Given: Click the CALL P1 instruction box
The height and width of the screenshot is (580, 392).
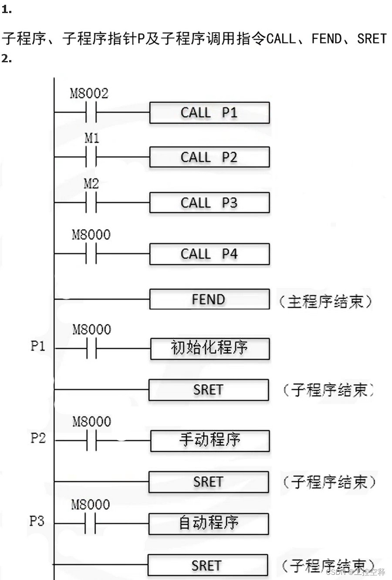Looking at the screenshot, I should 209,113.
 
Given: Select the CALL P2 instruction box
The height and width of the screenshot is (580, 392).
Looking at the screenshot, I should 209,157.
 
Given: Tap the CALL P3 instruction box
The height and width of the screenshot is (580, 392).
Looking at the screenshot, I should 209,203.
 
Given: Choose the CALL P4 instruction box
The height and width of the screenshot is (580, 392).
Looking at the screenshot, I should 209,254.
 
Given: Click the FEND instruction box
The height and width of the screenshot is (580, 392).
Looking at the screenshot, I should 209,299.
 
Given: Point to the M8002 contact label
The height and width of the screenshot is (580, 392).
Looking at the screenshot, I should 89,93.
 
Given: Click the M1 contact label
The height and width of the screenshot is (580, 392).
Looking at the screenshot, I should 91,138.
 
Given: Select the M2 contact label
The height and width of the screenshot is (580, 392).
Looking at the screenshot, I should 91,184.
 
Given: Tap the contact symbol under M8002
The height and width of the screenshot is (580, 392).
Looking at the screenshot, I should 91,112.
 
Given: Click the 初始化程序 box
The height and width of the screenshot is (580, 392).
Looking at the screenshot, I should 210,348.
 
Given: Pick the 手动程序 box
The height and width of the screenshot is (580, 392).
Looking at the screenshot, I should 210,440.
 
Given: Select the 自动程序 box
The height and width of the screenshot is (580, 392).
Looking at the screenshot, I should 209,523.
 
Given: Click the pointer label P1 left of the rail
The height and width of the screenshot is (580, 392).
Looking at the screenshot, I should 38,347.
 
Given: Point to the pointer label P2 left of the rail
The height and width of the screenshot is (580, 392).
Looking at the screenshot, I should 38,438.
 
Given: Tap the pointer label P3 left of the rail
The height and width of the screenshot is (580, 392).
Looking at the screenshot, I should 37,521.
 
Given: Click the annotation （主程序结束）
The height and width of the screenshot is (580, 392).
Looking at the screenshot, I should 325,301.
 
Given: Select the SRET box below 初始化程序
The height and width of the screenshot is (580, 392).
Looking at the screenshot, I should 208,390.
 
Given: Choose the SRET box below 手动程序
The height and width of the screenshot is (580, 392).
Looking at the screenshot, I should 208,482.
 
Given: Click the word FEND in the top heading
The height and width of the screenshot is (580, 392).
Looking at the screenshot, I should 327,39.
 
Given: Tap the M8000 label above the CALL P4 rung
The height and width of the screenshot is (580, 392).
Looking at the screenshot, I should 91,235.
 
